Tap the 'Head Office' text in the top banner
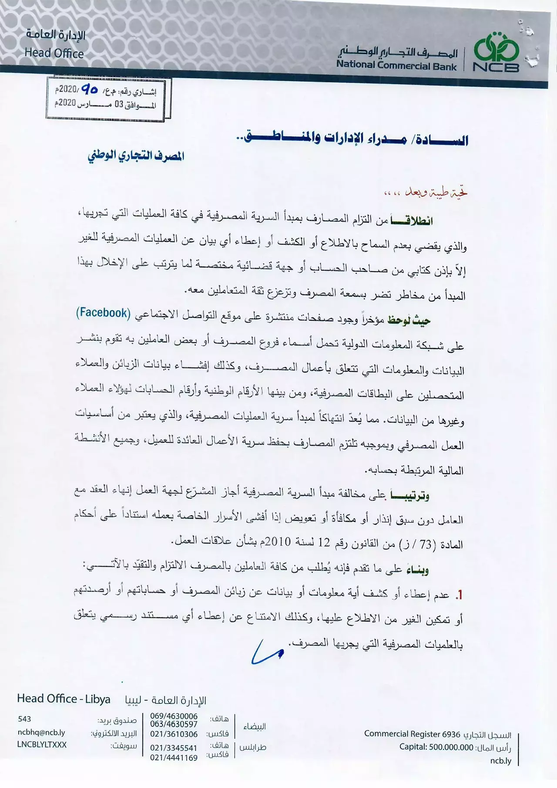(x=54, y=53)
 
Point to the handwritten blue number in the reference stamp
(x=90, y=90)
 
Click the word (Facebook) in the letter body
(x=103, y=313)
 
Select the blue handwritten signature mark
(x=266, y=652)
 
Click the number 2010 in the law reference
(x=278, y=542)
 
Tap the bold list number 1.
(x=458, y=595)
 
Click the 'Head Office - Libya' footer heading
(x=64, y=699)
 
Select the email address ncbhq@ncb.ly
(x=41, y=733)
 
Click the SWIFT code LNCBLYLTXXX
(x=42, y=744)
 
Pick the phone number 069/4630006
(x=174, y=716)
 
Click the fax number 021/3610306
(x=174, y=734)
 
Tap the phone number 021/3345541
(x=174, y=747)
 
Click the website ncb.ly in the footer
(x=500, y=761)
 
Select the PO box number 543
(x=24, y=719)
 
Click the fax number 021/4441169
(x=174, y=758)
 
